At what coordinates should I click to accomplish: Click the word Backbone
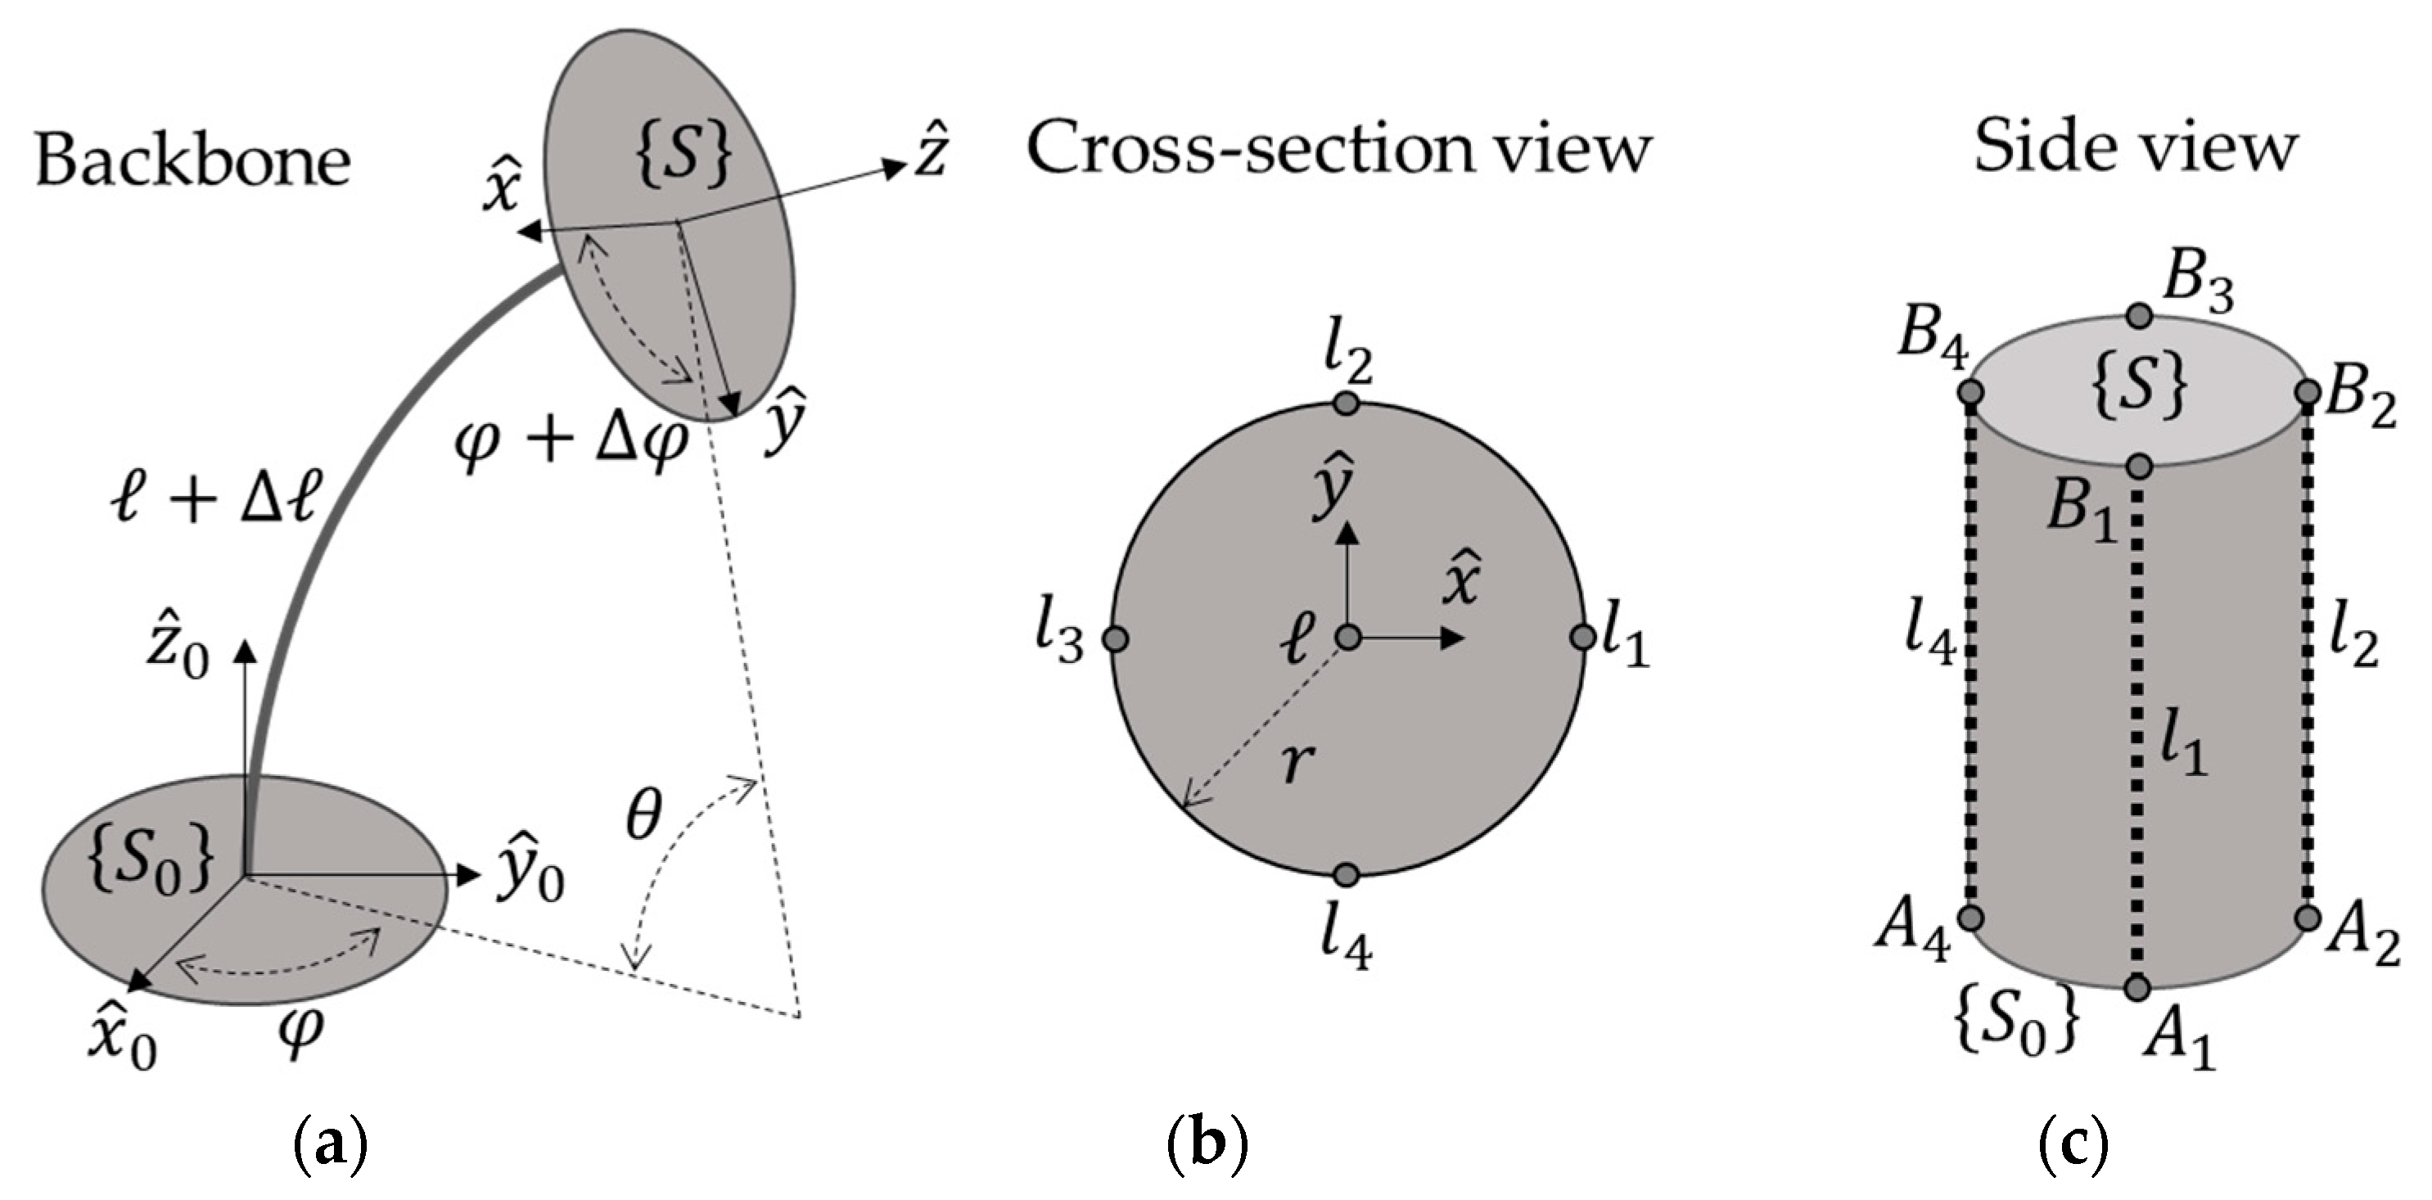[x=192, y=160]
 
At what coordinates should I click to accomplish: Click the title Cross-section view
[x=1338, y=149]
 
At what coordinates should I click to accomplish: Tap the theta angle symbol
[x=644, y=814]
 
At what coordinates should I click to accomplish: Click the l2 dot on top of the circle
[x=1347, y=404]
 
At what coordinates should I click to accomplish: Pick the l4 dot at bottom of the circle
[x=1347, y=874]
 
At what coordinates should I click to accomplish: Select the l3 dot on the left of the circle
[x=1115, y=639]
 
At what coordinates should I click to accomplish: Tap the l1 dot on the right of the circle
[x=1582, y=638]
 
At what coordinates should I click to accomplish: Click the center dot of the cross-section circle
[x=1348, y=639]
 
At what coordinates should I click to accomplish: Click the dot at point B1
[x=2139, y=467]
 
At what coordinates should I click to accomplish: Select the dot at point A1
[x=2137, y=987]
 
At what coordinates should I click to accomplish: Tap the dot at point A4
[x=1970, y=917]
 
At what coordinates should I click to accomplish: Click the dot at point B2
[x=2307, y=392]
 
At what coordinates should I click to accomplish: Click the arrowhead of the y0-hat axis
[x=468, y=876]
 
